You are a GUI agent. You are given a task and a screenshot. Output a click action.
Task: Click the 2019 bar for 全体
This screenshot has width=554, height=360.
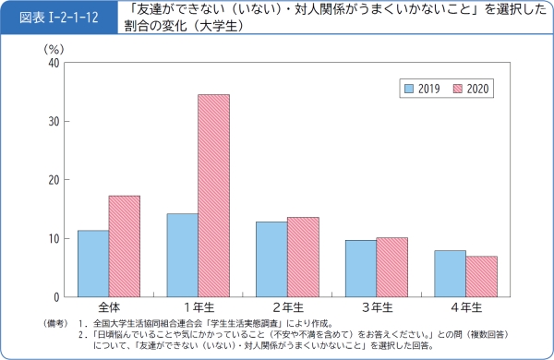93,263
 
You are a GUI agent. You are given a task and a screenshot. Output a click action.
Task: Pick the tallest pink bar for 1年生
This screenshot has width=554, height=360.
213,195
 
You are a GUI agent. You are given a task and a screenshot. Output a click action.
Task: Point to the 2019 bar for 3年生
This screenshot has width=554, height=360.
360,268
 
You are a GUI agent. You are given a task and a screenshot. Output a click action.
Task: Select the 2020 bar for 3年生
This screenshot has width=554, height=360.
391,267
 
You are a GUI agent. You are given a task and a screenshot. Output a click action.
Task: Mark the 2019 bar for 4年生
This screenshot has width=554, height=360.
449,273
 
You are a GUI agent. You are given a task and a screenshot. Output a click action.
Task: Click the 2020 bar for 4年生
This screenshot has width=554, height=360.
480,276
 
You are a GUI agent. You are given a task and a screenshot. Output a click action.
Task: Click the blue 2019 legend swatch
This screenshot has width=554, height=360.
408,89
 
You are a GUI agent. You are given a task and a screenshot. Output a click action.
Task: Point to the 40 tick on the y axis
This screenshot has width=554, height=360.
54,63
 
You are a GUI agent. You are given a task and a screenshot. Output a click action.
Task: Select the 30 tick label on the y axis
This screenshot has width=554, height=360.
54,121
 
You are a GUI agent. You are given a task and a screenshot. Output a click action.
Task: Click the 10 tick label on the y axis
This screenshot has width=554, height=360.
54,238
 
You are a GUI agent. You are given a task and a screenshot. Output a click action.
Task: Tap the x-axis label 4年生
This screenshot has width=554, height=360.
464,306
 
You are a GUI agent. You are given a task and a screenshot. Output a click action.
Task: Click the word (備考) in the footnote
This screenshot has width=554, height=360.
57,323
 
